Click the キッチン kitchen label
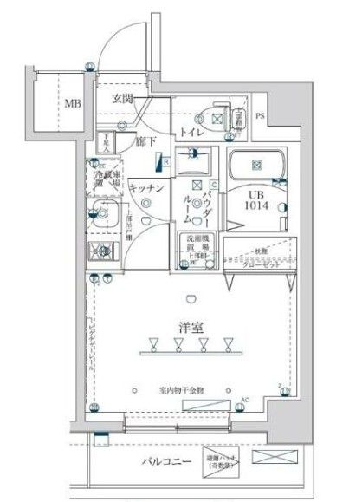(x=145, y=186)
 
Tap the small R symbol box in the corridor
(x=161, y=160)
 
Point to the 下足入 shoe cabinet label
(x=103, y=140)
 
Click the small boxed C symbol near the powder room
(x=211, y=184)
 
